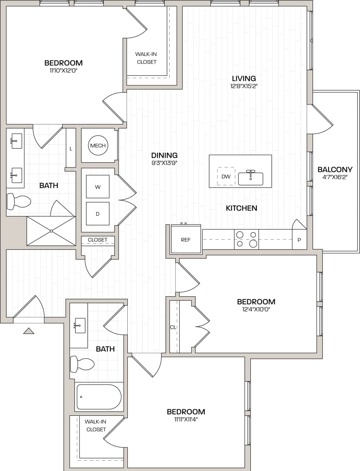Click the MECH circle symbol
98,146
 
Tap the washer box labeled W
98,187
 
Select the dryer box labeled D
98,214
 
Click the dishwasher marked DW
226,177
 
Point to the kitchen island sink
251,178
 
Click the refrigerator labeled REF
186,240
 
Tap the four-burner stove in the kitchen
247,239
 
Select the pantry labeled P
299,240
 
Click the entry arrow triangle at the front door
29,331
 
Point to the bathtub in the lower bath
99,397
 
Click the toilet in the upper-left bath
19,201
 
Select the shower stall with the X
52,231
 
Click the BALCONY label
335,170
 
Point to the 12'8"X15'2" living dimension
244,86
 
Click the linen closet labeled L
71,149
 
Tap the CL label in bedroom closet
173,327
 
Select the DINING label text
164,155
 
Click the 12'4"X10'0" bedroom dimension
256,310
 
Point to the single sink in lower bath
80,326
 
